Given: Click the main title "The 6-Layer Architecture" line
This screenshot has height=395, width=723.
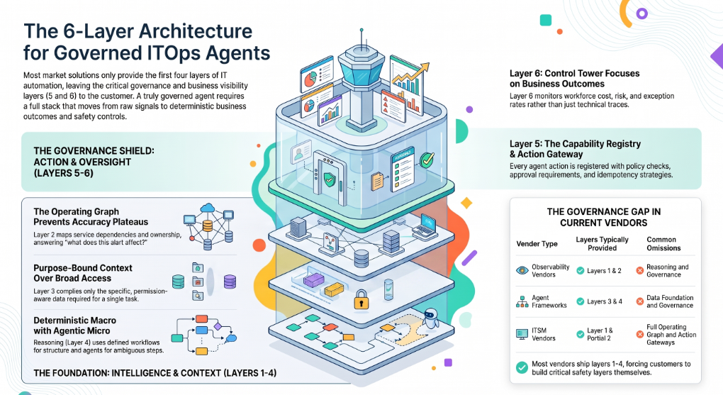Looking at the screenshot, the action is click(x=138, y=31).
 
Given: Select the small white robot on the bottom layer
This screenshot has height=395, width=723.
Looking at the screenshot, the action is click(x=431, y=318).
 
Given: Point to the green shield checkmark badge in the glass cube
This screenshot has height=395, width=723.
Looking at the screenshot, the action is click(x=329, y=179).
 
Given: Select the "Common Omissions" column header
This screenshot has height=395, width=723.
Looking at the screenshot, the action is click(x=663, y=244).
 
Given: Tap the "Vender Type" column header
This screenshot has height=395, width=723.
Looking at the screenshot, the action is click(x=537, y=244).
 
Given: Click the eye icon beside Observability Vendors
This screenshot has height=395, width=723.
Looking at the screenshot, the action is click(x=522, y=270).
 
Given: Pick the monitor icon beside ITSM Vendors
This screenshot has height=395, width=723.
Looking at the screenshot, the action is click(x=522, y=334).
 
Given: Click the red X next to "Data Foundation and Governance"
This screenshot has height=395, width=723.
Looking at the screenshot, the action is click(x=639, y=301).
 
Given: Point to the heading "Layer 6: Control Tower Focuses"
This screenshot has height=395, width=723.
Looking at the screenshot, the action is click(x=574, y=73).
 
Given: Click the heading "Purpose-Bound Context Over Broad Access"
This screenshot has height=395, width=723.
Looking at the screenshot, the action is click(x=82, y=273).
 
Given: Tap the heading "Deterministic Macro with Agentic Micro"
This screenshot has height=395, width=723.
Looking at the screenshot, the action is click(x=74, y=326).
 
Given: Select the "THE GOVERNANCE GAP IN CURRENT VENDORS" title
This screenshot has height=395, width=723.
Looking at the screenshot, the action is click(x=604, y=217).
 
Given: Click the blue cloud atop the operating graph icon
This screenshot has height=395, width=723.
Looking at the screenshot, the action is click(x=208, y=208).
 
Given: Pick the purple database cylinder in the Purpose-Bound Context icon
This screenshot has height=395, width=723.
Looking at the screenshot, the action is click(x=230, y=282).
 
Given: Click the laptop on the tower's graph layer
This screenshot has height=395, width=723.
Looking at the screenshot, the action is click(x=425, y=226).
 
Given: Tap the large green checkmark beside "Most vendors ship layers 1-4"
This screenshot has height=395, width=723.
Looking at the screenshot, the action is click(x=522, y=367).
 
